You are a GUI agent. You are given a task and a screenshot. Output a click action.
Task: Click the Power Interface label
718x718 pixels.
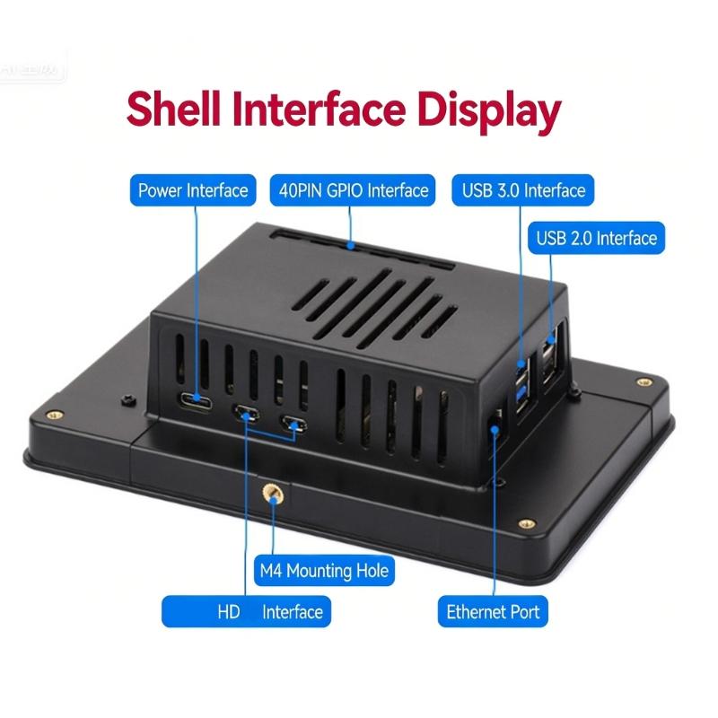point(192,190)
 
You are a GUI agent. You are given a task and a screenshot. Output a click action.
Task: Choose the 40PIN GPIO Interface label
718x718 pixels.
point(352,190)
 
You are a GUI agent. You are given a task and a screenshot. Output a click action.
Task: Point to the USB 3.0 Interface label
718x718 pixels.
point(524,190)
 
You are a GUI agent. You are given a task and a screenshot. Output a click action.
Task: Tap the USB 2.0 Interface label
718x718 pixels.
point(597,239)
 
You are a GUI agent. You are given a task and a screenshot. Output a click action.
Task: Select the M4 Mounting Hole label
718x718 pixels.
point(324,571)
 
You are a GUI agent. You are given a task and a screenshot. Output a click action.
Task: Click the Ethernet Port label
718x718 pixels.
point(494,612)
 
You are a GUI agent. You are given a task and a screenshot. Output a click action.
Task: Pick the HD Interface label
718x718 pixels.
point(246,612)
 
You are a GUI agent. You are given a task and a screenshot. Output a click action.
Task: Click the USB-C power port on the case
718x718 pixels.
point(195,399)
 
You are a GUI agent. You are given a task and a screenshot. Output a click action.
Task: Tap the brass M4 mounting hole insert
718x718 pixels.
point(268,492)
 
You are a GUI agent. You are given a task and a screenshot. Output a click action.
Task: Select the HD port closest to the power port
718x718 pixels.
point(246,415)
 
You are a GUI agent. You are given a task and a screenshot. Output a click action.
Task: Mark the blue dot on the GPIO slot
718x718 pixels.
point(354,244)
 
